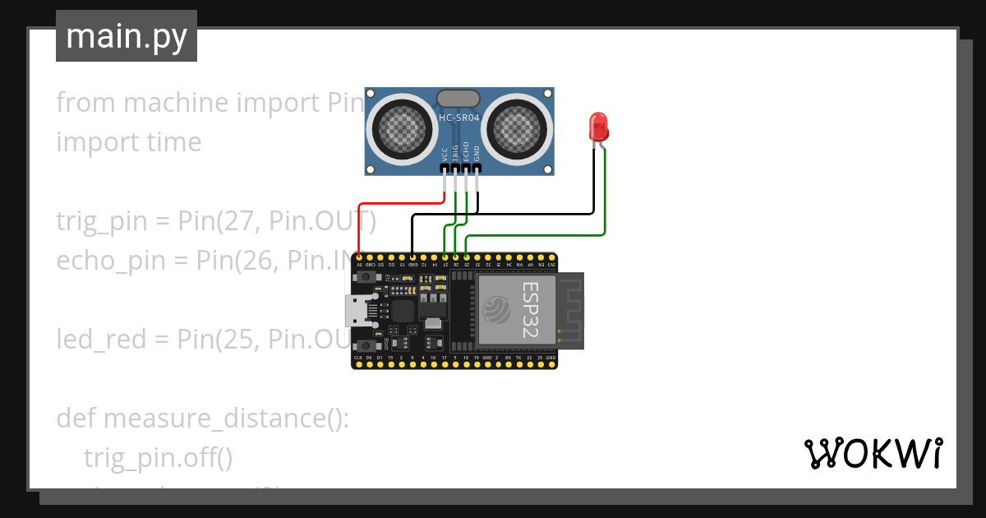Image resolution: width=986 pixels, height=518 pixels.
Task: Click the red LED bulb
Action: click(x=599, y=127)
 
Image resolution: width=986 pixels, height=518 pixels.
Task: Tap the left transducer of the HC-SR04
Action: click(x=403, y=127)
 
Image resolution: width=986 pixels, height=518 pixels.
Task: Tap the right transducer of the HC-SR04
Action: click(x=516, y=127)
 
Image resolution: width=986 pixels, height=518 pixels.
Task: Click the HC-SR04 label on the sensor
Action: click(x=458, y=118)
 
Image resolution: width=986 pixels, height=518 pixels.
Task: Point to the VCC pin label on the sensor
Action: click(x=445, y=153)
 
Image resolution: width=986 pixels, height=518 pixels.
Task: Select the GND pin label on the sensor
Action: click(x=477, y=153)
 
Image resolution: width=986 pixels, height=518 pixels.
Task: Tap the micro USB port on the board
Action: click(x=357, y=310)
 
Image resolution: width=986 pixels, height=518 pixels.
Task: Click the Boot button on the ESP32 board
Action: click(x=364, y=343)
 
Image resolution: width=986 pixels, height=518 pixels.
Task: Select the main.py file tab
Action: click(x=127, y=36)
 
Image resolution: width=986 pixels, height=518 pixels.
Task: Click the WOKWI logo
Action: click(x=873, y=453)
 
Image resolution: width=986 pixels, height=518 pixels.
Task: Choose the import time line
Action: click(x=129, y=141)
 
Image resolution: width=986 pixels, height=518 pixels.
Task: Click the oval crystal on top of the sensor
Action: click(x=458, y=99)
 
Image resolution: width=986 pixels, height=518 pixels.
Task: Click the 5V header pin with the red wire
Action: click(x=359, y=257)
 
